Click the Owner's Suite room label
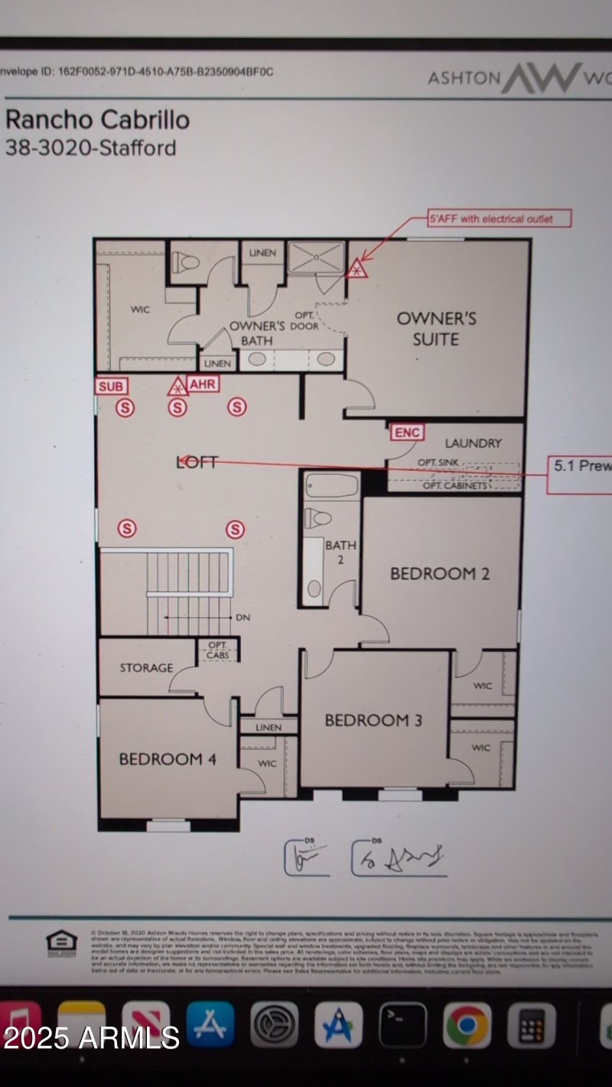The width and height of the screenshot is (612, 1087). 436,329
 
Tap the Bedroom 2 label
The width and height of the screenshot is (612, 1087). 440,573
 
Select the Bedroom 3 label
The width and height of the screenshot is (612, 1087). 373,720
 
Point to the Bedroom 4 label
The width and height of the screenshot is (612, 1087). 168,759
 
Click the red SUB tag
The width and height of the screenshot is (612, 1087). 111,386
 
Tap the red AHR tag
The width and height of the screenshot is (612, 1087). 203,385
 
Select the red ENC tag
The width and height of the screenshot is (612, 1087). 406,433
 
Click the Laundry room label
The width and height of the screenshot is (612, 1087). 474,443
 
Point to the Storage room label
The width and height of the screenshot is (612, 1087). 146,668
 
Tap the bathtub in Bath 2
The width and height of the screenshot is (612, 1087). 331,486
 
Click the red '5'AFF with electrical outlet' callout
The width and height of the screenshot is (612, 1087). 500,219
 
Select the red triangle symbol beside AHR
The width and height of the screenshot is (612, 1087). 177,387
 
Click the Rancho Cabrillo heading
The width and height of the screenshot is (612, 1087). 97,120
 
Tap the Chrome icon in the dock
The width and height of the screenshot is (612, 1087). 467,1024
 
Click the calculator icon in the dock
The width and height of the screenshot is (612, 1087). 531,1024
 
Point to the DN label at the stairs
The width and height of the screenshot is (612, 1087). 243,617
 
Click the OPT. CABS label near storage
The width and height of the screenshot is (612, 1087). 218,650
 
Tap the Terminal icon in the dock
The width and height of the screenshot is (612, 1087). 402,1024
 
